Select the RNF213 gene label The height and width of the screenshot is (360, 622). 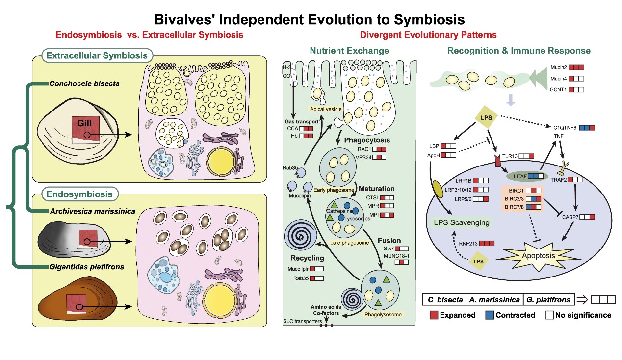click(x=468, y=243)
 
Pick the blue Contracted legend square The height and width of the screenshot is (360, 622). click(x=487, y=315)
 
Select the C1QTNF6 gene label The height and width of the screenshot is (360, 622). click(x=564, y=128)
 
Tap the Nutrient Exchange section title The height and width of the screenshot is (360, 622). click(x=349, y=51)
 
